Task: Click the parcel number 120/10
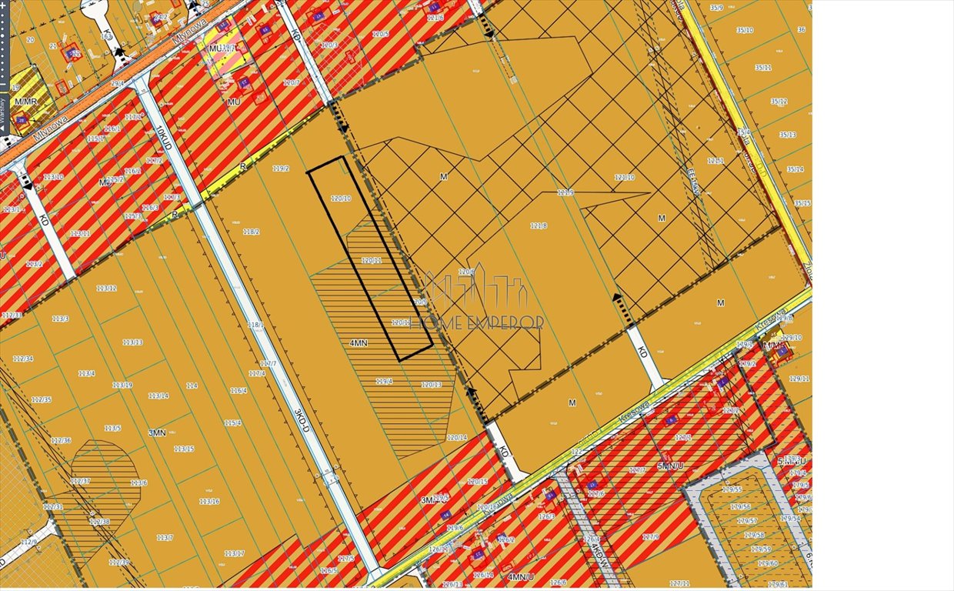click(x=340, y=199)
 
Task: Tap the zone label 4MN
click(x=358, y=343)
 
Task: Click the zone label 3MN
click(x=157, y=433)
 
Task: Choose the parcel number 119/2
click(x=281, y=169)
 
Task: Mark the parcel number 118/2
click(x=251, y=232)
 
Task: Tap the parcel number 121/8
click(x=539, y=225)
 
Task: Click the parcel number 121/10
click(x=624, y=178)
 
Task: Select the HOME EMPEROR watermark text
click(x=477, y=322)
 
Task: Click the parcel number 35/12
click(x=779, y=102)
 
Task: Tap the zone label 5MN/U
click(x=671, y=466)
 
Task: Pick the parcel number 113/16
click(x=209, y=501)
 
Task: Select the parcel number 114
click(x=192, y=386)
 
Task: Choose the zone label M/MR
click(x=25, y=102)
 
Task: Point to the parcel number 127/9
click(x=651, y=536)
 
